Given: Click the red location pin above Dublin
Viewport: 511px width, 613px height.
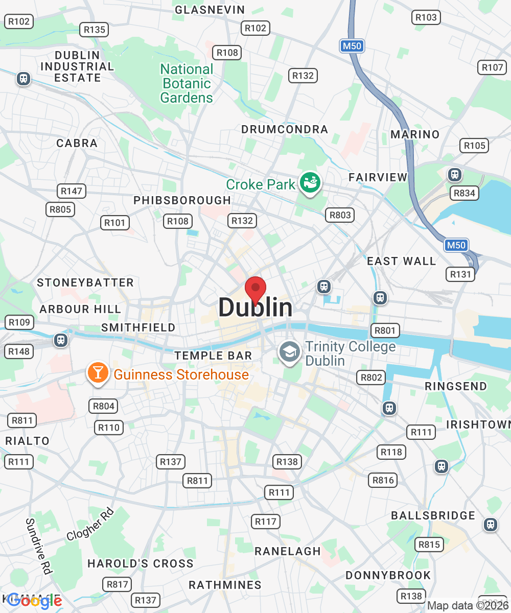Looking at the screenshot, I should coord(255,290).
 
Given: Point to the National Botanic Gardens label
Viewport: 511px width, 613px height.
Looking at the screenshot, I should coord(187,83).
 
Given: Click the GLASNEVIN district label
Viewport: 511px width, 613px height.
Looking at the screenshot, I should coord(210,10).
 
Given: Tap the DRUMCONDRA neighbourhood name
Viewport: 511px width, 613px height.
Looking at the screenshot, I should coord(284,130).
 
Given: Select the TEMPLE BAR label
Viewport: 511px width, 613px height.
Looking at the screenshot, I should coord(213,356).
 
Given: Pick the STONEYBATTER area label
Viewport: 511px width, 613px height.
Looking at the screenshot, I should coord(85,282).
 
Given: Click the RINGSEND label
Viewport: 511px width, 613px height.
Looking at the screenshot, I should coord(456,386).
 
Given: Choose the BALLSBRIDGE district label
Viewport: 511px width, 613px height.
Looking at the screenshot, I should coord(433,515).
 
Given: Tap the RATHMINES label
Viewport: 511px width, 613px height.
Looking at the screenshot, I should coord(225,585).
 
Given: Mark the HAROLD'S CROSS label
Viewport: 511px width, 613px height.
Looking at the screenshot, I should coord(141,563).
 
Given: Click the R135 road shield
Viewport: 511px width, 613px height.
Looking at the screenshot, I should coord(95,30).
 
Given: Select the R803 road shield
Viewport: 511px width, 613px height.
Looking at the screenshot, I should coord(340,215).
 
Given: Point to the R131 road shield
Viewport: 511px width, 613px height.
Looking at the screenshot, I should coord(460,274).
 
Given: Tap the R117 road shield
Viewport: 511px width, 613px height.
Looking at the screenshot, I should coord(266,522).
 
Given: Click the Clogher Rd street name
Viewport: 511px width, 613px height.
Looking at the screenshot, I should coord(89,525).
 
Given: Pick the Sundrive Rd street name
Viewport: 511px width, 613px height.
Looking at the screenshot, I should coord(39,546).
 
